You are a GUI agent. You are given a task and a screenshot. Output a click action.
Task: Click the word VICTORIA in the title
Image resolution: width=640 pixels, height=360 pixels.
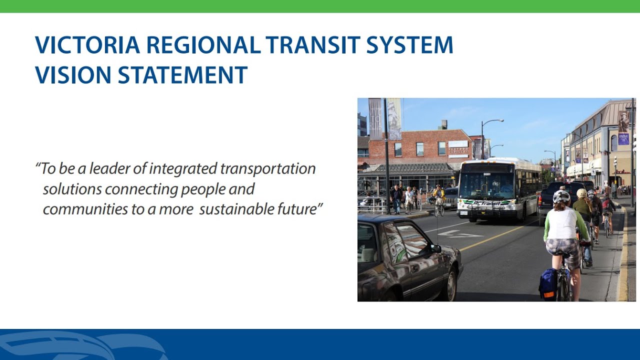click(87, 45)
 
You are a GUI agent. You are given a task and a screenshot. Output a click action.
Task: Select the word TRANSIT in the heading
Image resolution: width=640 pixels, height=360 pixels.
click(312, 45)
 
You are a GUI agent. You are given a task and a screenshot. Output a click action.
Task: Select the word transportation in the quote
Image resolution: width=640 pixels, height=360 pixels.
click(267, 168)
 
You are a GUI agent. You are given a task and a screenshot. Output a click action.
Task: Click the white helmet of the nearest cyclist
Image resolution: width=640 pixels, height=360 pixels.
click(561, 196)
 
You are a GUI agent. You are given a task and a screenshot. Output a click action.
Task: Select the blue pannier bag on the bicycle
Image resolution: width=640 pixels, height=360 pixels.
click(548, 283)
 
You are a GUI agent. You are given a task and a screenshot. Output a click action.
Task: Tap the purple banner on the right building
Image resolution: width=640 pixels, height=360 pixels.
click(623, 135)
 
